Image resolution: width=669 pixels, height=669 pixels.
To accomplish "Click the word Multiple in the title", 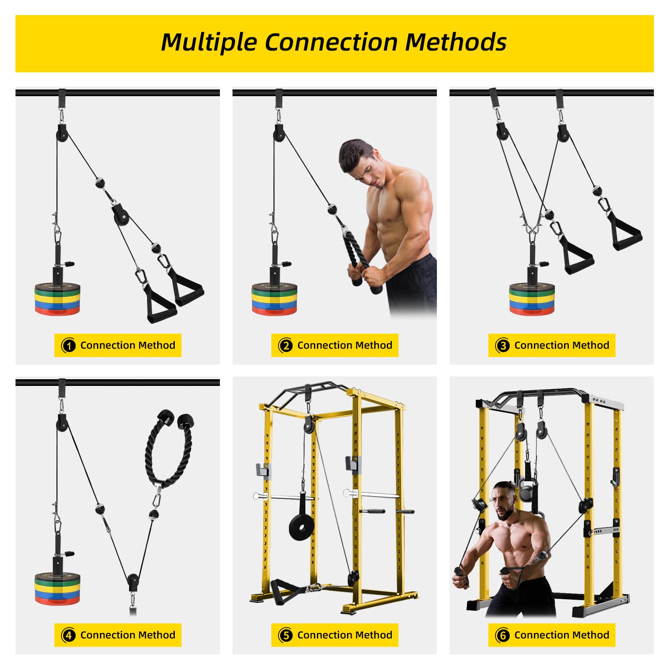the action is click(209, 43).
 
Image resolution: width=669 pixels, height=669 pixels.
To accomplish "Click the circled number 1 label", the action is click(69, 346).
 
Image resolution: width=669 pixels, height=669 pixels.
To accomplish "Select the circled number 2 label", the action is click(286, 346).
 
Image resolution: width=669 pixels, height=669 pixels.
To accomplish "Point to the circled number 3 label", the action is click(503, 346).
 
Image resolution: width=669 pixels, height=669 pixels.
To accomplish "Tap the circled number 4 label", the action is click(69, 636).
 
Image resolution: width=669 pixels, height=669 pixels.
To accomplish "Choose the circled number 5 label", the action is click(286, 636).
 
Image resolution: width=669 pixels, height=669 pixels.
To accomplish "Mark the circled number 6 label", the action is click(503, 636).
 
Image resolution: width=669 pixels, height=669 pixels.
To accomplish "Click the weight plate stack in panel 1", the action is click(57, 299).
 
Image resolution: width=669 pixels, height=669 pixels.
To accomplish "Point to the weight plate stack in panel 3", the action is click(532, 299).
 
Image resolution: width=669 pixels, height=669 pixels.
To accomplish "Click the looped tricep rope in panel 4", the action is click(169, 449).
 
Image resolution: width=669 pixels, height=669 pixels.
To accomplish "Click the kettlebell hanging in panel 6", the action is click(526, 489).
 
